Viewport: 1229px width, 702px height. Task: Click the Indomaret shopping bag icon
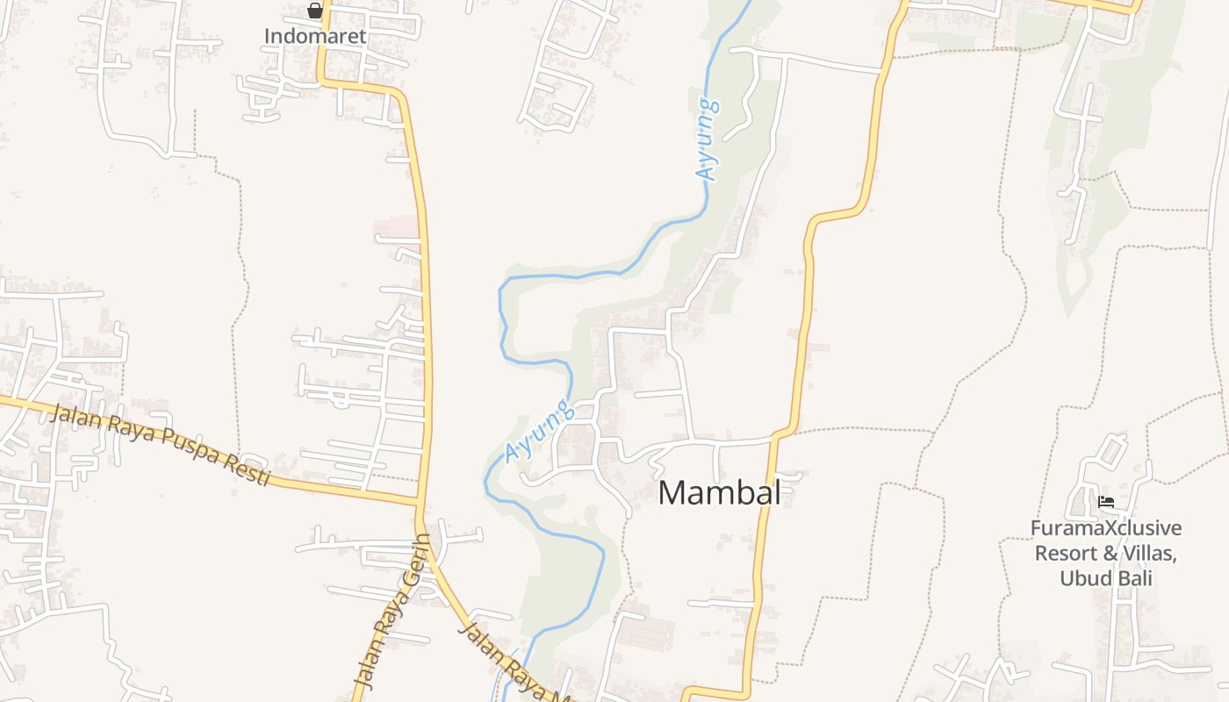[x=315, y=11]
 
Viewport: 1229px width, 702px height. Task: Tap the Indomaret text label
[x=315, y=36]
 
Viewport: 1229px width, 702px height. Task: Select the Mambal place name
[x=719, y=492]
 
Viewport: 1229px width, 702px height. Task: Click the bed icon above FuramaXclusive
[x=1106, y=502]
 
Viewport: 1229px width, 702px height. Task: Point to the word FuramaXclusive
[x=1105, y=529]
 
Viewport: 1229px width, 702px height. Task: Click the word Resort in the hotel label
[x=1065, y=554]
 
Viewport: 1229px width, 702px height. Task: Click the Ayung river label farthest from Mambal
[x=708, y=140]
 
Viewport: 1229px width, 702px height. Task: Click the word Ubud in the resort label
[x=1083, y=578]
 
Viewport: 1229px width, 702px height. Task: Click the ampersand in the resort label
[x=1104, y=554]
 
